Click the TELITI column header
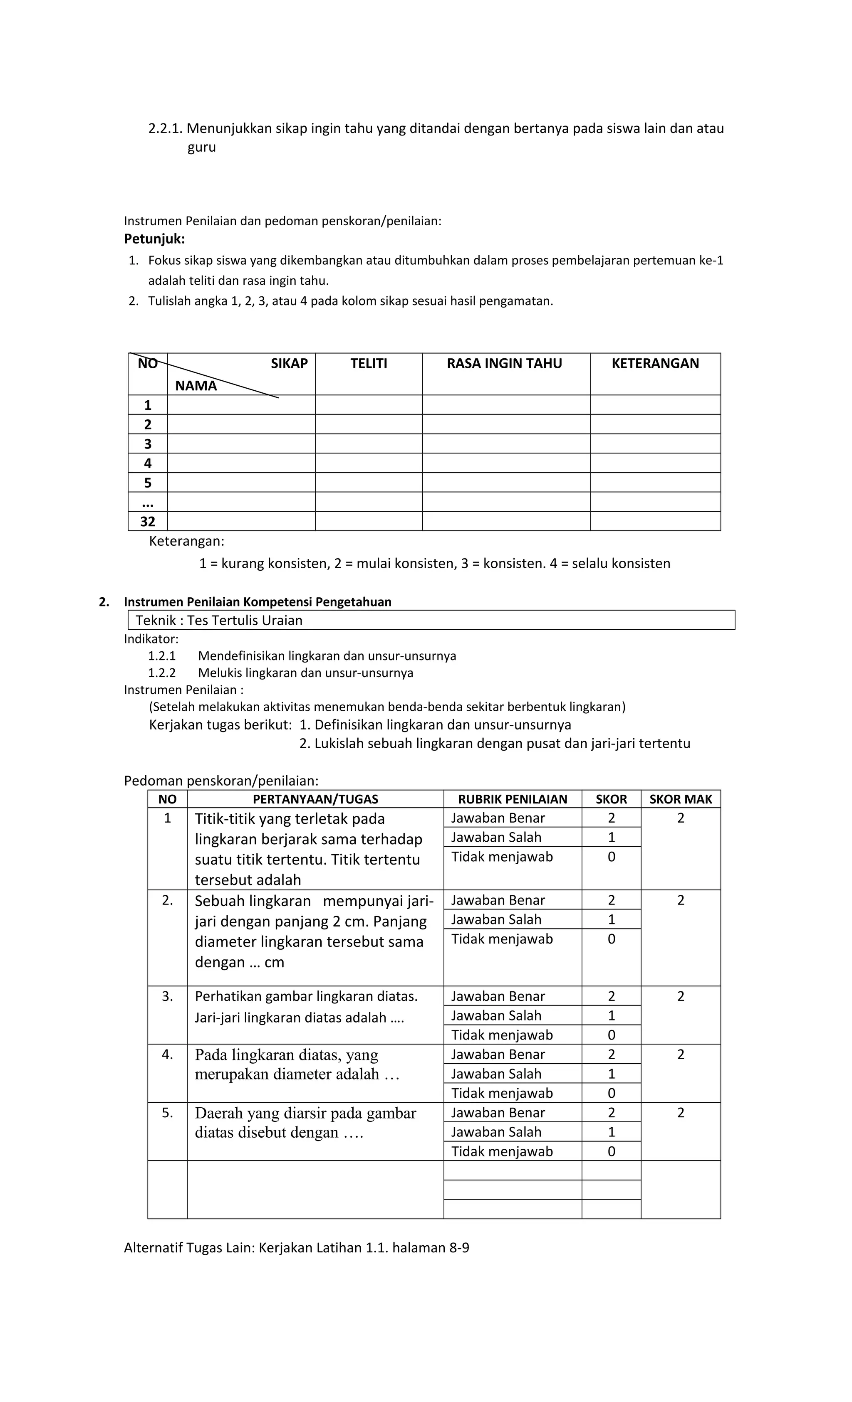click(369, 364)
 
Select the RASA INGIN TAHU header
click(504, 364)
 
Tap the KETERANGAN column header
click(655, 364)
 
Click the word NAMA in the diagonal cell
click(196, 386)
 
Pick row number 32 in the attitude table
click(148, 521)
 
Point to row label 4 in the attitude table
click(148, 463)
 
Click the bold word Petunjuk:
click(154, 239)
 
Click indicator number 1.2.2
click(162, 673)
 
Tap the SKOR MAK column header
click(681, 799)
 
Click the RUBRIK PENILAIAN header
click(513, 799)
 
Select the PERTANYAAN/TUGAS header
click(315, 799)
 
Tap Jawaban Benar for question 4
click(498, 1055)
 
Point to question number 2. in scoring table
click(167, 900)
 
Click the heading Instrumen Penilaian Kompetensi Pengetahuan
click(258, 601)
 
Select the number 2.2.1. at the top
click(165, 128)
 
